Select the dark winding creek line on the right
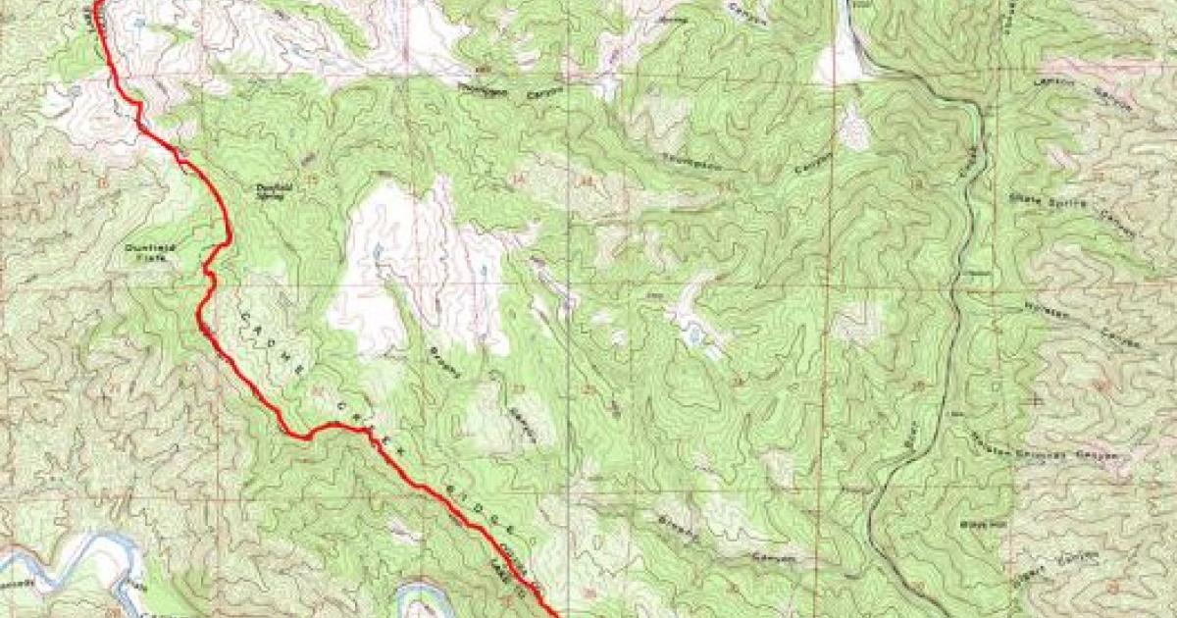(x=956, y=294)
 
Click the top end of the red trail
(x=97, y=5)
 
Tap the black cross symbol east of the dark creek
(x=1038, y=400)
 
